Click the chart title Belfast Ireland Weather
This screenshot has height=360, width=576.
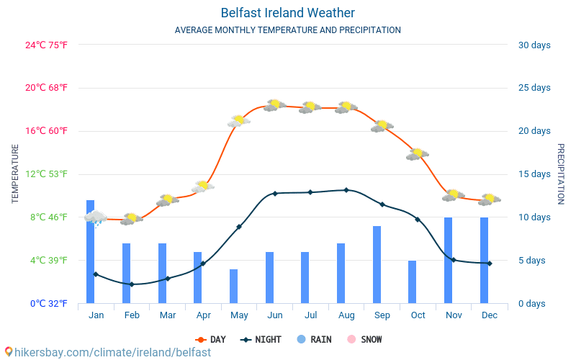287,13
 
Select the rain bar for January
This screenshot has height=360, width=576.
91,252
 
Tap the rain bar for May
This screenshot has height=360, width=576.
233,286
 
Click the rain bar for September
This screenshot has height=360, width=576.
377,264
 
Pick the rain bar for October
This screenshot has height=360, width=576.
413,282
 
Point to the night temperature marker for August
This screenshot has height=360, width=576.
346,190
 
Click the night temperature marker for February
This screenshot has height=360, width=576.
131,284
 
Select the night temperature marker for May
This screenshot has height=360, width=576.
239,227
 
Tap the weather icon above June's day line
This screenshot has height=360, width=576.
274,105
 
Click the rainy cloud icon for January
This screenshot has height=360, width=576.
96,217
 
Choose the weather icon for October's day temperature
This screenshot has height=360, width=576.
418,153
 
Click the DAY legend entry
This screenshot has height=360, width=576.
211,339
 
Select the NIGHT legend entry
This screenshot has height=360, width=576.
261,339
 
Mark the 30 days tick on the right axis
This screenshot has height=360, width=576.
534,45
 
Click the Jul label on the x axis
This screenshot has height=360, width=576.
310,315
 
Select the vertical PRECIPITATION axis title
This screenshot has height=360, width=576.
560,174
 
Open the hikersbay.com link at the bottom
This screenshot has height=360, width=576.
108,352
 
